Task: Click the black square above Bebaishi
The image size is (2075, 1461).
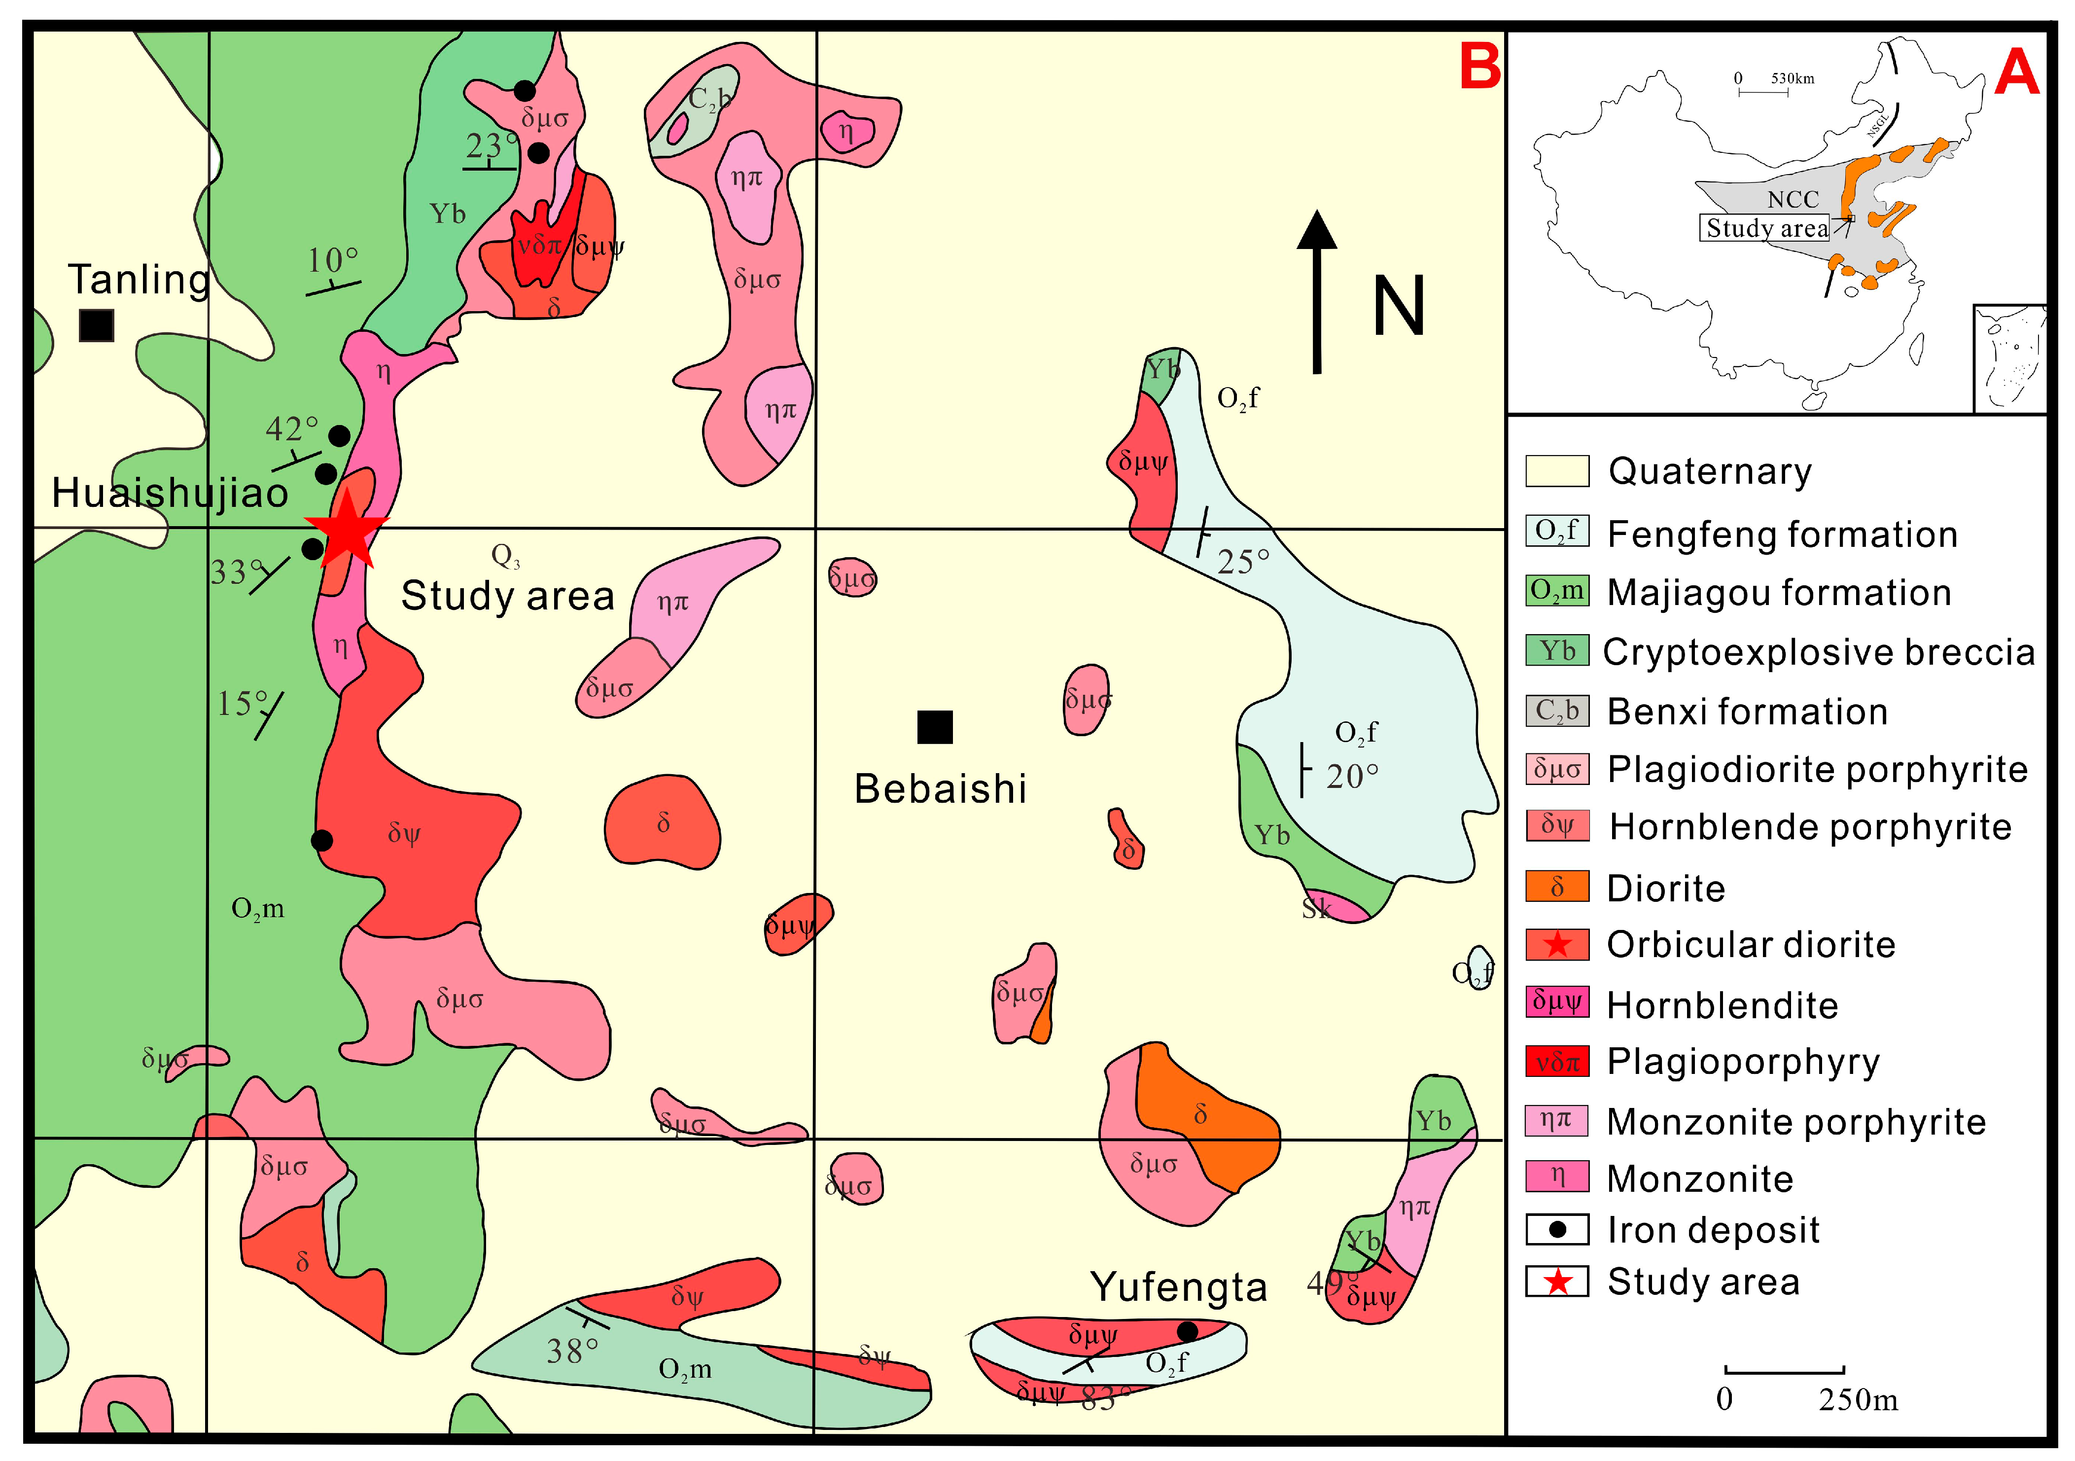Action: (935, 727)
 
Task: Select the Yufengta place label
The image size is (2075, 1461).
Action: (1178, 1286)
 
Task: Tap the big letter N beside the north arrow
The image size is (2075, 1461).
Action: (1398, 306)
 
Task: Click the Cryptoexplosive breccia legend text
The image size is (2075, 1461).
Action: (1818, 652)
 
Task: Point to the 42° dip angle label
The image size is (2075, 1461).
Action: (291, 428)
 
